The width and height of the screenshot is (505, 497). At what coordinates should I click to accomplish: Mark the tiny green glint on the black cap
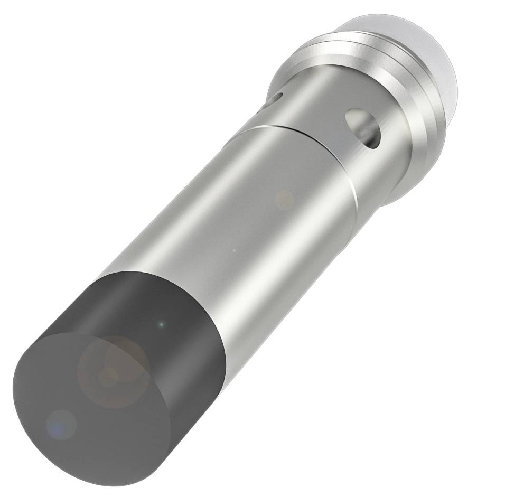coord(162,323)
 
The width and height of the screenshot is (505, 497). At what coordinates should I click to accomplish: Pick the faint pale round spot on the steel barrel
coord(285,200)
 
